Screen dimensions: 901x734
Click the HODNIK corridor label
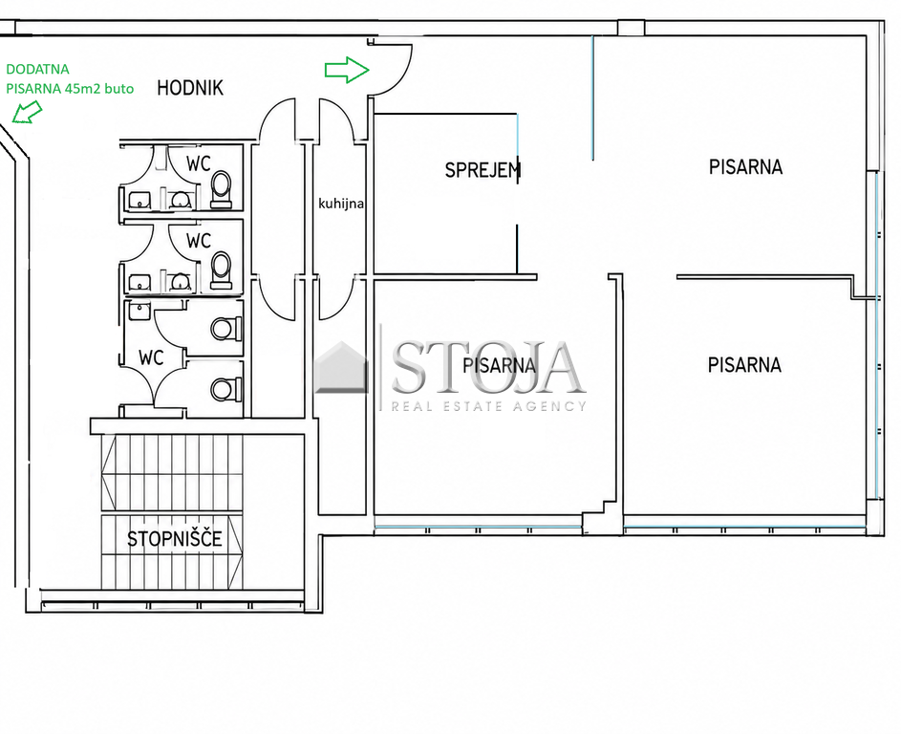coord(189,88)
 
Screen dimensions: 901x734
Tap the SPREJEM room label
coord(483,170)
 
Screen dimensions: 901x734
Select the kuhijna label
coord(341,204)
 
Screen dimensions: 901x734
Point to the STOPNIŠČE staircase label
coord(175,539)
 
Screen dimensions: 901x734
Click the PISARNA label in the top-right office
coord(745,167)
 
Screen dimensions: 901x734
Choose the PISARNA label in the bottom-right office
coord(744,365)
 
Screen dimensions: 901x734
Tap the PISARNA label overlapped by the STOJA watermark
coord(499,365)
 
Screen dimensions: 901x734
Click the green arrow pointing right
coord(347,70)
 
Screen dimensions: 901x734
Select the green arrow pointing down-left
coord(27,112)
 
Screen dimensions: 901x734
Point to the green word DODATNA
coord(37,69)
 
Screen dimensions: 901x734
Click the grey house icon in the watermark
coord(341,368)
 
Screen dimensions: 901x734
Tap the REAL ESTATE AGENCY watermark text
coord(488,406)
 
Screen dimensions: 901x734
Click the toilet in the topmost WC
coord(222,189)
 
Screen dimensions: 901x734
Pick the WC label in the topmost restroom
coord(198,163)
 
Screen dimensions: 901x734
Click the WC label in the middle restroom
coord(198,240)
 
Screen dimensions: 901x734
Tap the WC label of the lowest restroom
coord(151,358)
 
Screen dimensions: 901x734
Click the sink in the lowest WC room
coord(139,311)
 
